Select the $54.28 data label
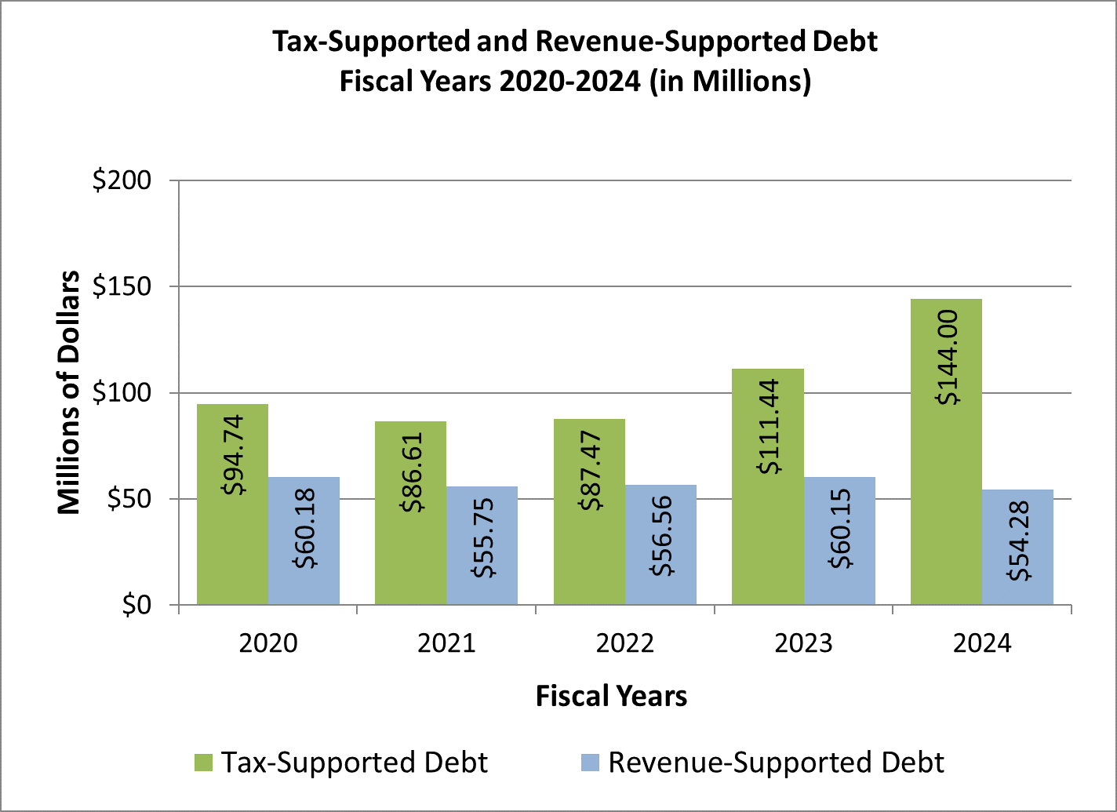(1019, 547)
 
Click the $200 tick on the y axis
(122, 180)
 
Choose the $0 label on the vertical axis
(140, 605)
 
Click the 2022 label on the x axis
(625, 644)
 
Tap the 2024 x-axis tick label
(982, 644)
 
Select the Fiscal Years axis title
(611, 696)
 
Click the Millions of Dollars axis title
(69, 392)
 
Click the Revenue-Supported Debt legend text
(776, 763)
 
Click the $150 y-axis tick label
(122, 286)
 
